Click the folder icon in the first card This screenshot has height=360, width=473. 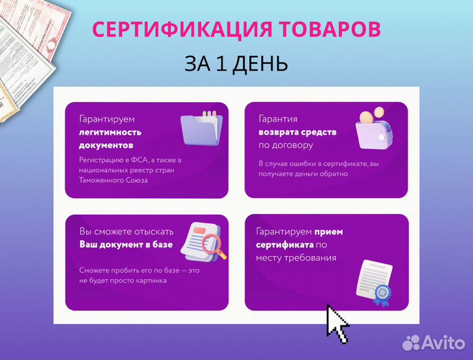[x=201, y=128]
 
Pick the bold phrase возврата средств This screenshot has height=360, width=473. [x=297, y=132]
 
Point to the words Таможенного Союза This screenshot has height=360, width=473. [x=114, y=180]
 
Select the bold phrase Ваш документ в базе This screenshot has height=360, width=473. [x=126, y=245]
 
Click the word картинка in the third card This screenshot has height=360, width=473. [x=149, y=281]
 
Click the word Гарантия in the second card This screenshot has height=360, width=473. [x=278, y=119]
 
